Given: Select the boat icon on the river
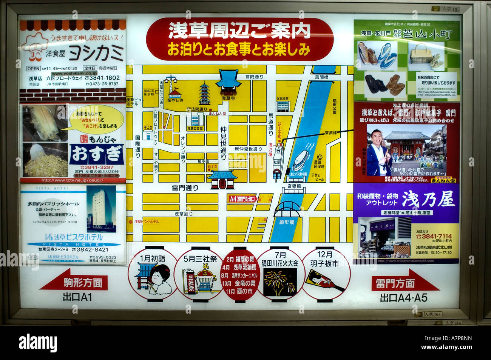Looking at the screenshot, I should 301,160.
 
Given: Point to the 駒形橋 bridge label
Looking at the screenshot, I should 286,222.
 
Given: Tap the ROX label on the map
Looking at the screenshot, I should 148,127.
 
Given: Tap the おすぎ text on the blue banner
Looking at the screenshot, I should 97,154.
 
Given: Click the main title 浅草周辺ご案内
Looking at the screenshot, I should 239,31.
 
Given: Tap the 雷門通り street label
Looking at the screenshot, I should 185,188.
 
